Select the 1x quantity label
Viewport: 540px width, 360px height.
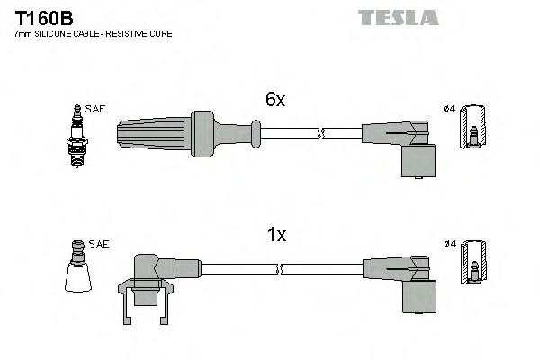[276, 235]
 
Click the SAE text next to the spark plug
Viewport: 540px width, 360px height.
[97, 109]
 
